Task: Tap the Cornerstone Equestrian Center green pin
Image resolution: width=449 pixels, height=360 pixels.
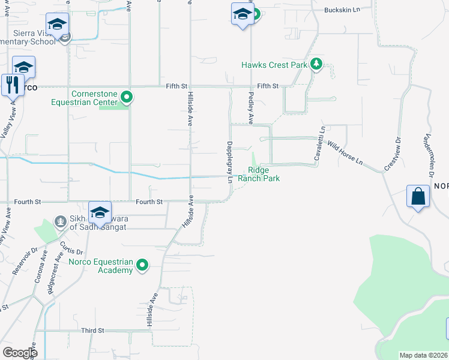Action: point(126,96)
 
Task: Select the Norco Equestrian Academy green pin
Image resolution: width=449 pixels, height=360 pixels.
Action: point(142,264)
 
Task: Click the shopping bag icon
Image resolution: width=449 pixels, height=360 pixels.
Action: point(418,197)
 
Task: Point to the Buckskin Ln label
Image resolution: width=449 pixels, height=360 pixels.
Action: point(341,10)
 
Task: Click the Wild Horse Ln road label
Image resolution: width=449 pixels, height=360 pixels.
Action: point(345,153)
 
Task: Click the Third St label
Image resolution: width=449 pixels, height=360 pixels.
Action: point(93,331)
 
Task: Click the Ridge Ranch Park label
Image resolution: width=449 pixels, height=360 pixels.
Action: point(259,174)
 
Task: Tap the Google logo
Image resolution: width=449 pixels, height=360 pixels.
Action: point(19,352)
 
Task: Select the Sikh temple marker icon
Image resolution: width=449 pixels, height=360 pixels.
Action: point(60,221)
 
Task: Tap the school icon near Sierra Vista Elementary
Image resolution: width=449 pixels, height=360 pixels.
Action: point(57,25)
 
